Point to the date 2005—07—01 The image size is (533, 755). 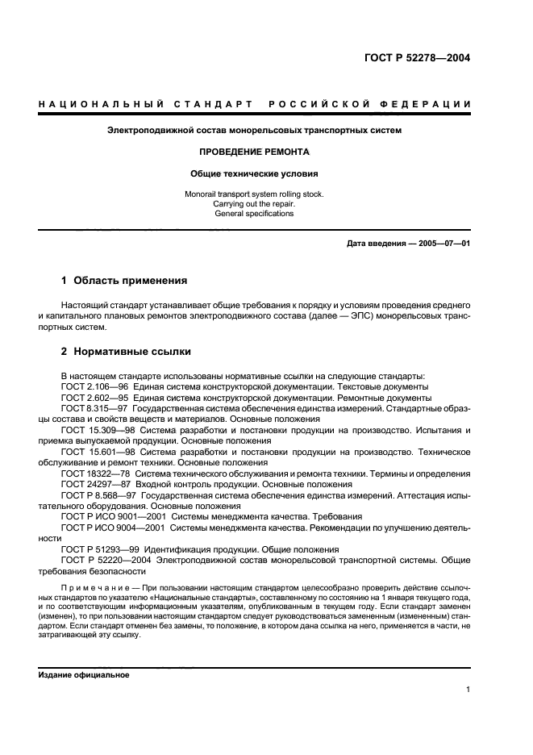tap(443, 244)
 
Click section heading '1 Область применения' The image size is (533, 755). tap(125, 281)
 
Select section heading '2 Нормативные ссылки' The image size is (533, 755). tap(126, 352)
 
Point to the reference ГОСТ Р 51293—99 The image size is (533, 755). tap(101, 549)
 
